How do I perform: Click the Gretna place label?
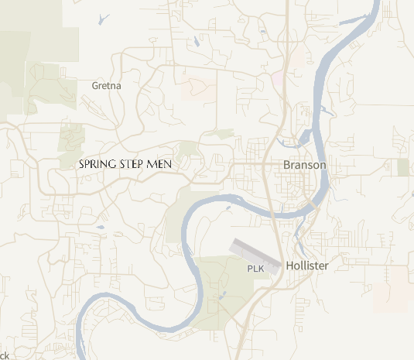(x=107, y=86)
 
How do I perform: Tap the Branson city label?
(x=305, y=166)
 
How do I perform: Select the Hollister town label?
(x=307, y=266)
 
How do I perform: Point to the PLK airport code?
(x=255, y=269)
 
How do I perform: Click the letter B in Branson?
(x=287, y=166)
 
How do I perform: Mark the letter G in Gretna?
(x=95, y=86)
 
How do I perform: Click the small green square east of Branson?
(x=403, y=167)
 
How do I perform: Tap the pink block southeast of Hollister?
(x=390, y=290)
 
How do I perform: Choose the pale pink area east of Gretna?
(x=199, y=89)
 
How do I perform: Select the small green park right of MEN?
(x=189, y=149)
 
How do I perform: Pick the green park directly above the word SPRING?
(x=72, y=139)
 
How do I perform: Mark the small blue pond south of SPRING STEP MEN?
(x=99, y=228)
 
